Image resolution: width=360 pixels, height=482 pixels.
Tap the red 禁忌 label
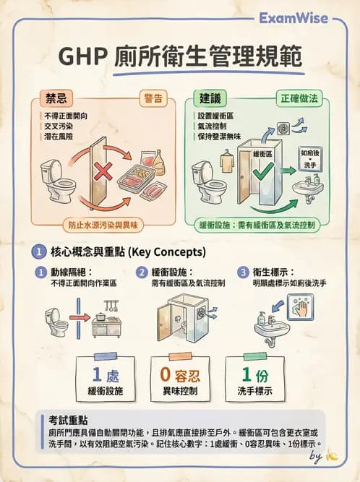click(x=58, y=98)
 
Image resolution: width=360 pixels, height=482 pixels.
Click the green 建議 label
click(x=211, y=98)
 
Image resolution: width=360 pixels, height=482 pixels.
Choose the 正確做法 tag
click(x=299, y=98)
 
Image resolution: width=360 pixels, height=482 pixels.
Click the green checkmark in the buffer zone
click(x=265, y=170)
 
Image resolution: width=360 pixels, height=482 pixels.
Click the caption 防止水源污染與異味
click(x=103, y=224)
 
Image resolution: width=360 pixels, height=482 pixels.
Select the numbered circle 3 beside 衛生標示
click(x=243, y=272)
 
